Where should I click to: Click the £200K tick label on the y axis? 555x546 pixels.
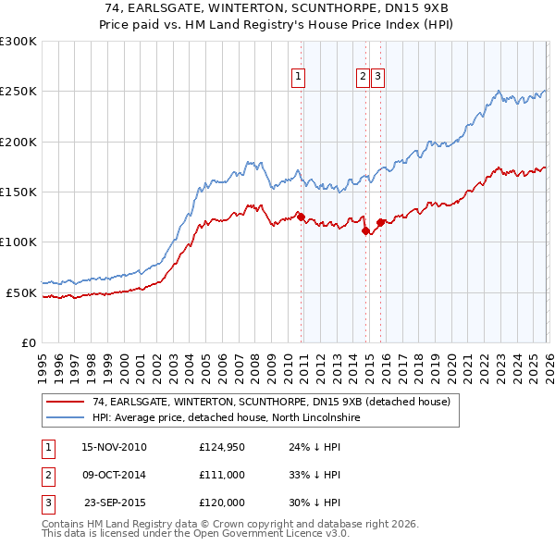pos(18,143)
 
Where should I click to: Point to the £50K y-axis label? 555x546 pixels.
pos(21,292)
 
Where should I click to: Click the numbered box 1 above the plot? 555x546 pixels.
pos(300,78)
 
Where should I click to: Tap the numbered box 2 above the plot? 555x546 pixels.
pos(364,78)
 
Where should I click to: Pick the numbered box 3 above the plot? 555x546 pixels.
pos(379,78)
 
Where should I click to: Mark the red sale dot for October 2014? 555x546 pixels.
pos(365,231)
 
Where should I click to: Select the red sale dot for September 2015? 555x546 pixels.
pos(380,222)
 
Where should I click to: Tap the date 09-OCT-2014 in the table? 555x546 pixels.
pos(114,474)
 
